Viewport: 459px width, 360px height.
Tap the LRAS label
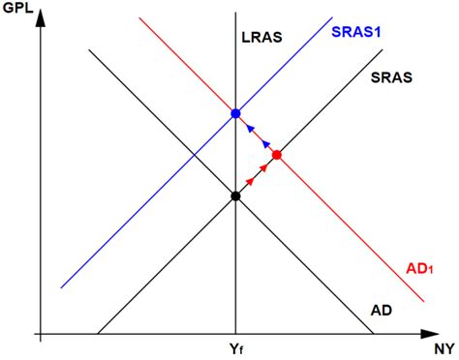[x=261, y=39]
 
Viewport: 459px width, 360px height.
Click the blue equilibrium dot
[x=235, y=114]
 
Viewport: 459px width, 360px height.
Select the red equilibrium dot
[x=277, y=155]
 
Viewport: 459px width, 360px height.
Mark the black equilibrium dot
[x=235, y=195]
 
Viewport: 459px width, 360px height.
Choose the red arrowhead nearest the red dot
[x=264, y=166]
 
